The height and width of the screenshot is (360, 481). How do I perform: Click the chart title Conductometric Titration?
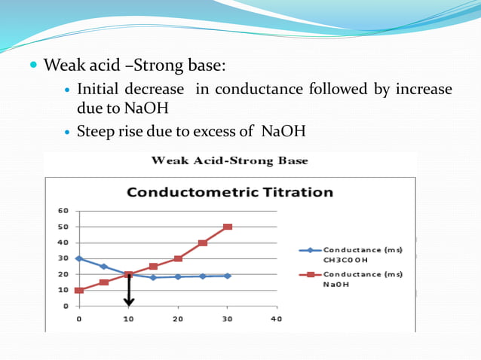click(230, 191)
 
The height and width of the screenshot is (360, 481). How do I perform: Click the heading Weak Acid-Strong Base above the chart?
click(230, 160)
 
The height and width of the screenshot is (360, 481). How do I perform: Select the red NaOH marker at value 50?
click(227, 227)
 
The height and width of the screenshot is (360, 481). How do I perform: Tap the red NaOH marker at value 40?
click(203, 243)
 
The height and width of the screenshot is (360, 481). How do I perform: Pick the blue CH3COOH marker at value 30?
click(79, 258)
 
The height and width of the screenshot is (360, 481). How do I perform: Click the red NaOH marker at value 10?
click(79, 290)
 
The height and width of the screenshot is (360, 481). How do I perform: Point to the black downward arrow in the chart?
click(129, 291)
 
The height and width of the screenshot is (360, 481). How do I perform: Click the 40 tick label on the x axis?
click(276, 319)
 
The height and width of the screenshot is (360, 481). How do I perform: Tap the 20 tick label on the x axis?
click(178, 319)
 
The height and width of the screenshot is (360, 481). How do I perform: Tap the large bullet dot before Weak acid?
click(33, 65)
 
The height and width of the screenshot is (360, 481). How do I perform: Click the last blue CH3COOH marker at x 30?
click(227, 276)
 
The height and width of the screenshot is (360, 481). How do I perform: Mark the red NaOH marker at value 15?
click(104, 282)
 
